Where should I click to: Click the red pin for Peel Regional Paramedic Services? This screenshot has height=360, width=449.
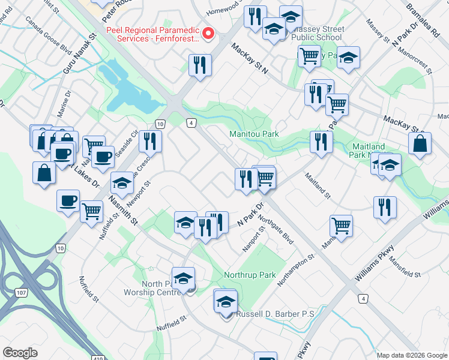(208, 34)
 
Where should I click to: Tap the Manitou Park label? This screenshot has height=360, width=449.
(254, 134)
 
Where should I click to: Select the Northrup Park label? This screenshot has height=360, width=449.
(250, 275)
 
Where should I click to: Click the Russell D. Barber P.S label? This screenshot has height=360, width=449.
(276, 314)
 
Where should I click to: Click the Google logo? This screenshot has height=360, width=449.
(20, 353)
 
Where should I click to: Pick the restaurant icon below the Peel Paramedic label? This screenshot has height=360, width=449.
(200, 65)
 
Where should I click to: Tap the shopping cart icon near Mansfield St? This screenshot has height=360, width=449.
(341, 226)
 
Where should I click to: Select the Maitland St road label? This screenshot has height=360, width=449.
(318, 185)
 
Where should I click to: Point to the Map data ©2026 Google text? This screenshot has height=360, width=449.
(412, 355)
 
